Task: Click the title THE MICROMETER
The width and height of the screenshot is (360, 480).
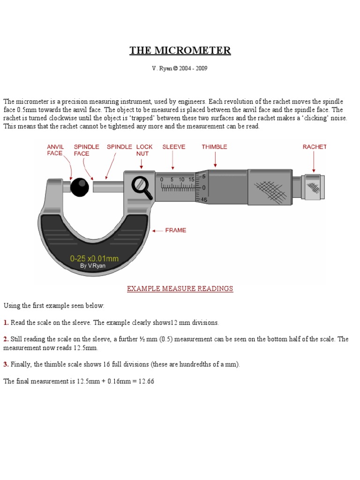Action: [180, 51]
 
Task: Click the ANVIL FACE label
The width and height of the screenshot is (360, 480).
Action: [56, 150]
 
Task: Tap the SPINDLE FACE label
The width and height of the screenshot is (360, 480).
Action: [86, 150]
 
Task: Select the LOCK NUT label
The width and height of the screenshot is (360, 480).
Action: [142, 150]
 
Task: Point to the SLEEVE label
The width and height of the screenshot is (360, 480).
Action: [174, 147]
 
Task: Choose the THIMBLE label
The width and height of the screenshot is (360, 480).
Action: [214, 147]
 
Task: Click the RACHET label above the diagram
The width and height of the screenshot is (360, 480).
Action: [315, 147]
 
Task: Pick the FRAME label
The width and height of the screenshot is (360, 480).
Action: [175, 230]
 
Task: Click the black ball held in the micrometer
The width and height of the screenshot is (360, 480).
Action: [79, 187]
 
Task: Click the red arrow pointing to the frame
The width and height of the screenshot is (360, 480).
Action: [157, 231]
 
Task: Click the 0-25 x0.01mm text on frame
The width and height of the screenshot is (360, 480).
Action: [94, 258]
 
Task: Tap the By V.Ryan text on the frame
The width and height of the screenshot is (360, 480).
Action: [93, 266]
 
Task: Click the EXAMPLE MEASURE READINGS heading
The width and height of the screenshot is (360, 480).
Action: [180, 288]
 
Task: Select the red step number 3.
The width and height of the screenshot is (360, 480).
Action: [6, 364]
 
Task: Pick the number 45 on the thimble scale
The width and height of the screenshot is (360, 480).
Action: [204, 200]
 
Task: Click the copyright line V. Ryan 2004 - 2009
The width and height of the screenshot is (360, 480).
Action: [180, 68]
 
